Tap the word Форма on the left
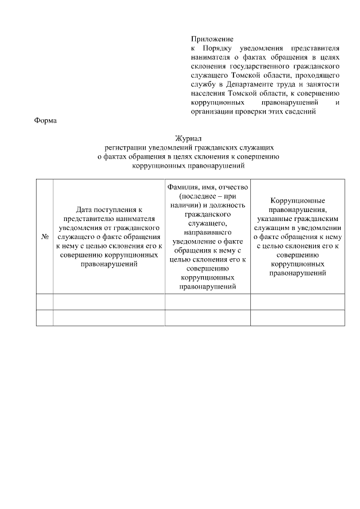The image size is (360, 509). coord(45,120)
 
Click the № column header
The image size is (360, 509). coord(44,237)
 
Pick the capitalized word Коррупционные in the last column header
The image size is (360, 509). coord(298,201)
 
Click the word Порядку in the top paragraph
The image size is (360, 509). coord(221,48)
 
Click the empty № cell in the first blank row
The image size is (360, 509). coord(44,301)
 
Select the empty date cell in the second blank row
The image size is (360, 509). coord(109,317)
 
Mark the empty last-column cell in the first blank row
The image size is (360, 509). coord(297,301)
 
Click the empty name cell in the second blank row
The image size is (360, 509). coord(207,317)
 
